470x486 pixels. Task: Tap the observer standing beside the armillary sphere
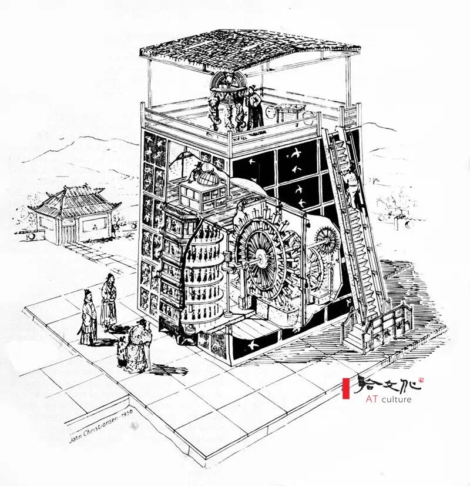(x=254, y=106)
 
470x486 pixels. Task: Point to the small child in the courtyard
(x=123, y=352)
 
